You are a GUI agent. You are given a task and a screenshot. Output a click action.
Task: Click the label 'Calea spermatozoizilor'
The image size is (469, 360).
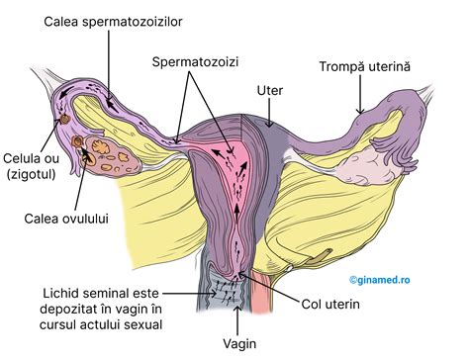point(112,19)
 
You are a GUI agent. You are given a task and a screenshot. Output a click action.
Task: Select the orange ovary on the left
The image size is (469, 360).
point(98,151)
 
